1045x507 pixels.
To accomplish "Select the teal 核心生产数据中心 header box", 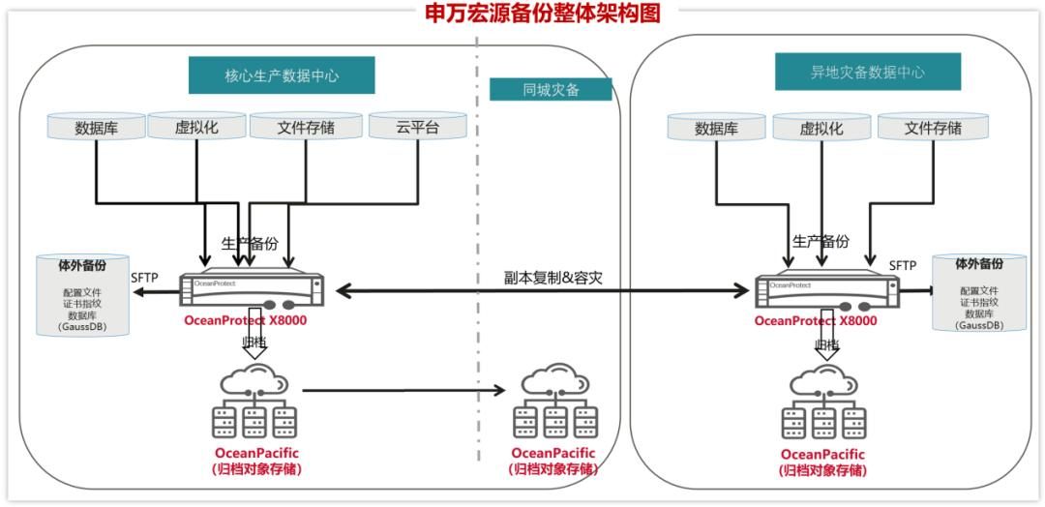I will click(282, 75).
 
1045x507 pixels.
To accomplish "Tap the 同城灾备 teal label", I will click(550, 90).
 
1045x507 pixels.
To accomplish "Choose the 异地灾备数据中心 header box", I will click(867, 72).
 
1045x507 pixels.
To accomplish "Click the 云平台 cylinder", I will click(417, 127).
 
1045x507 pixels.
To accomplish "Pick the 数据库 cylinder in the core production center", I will click(97, 127).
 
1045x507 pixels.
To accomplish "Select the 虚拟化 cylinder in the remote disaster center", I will click(821, 128).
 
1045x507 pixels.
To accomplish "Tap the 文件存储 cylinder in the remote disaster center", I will click(933, 128).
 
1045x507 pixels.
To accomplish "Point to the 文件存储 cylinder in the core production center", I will click(306, 127).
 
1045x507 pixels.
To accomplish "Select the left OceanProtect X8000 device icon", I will click(253, 288).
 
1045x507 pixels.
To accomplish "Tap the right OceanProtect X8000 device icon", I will click(827, 288).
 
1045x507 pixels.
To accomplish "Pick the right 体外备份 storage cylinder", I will click(979, 294).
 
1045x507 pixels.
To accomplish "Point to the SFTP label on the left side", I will click(144, 279).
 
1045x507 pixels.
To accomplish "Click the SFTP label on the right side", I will click(902, 265).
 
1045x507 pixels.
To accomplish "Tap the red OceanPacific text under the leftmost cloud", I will click(256, 454).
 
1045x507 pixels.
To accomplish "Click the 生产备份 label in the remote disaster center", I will click(821, 242).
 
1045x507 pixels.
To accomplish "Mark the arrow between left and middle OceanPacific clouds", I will click(403, 391).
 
